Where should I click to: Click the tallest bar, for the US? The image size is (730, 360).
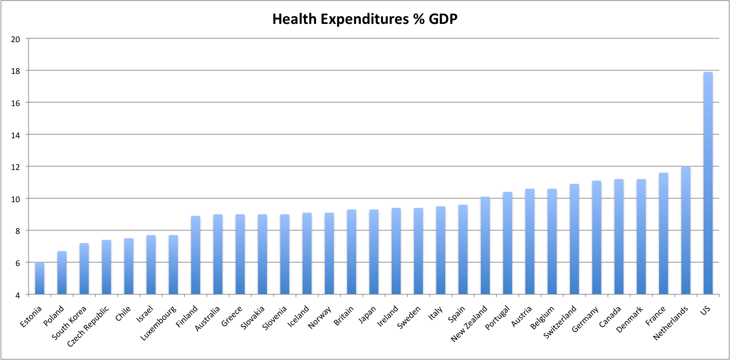[x=708, y=183]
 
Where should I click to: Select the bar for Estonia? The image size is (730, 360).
[x=40, y=278]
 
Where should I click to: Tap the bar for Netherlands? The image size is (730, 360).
[x=686, y=230]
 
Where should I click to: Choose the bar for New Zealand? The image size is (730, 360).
[x=485, y=246]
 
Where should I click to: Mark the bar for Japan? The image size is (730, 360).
[x=374, y=252]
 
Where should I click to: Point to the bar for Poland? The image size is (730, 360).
[x=62, y=273]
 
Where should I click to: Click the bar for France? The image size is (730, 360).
[x=663, y=233]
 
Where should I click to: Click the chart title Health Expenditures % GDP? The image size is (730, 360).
[x=365, y=19]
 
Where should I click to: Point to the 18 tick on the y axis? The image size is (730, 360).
[x=16, y=71]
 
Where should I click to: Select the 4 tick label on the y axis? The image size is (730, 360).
[x=17, y=295]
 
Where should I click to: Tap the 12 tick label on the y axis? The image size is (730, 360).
[x=16, y=167]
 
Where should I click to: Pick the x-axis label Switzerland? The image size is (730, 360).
[x=560, y=322]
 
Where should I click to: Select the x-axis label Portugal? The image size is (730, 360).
[x=497, y=318]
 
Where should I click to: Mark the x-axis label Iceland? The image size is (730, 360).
[x=298, y=316]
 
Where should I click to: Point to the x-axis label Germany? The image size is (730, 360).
[x=585, y=319]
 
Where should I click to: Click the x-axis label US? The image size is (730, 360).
[x=705, y=310]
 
